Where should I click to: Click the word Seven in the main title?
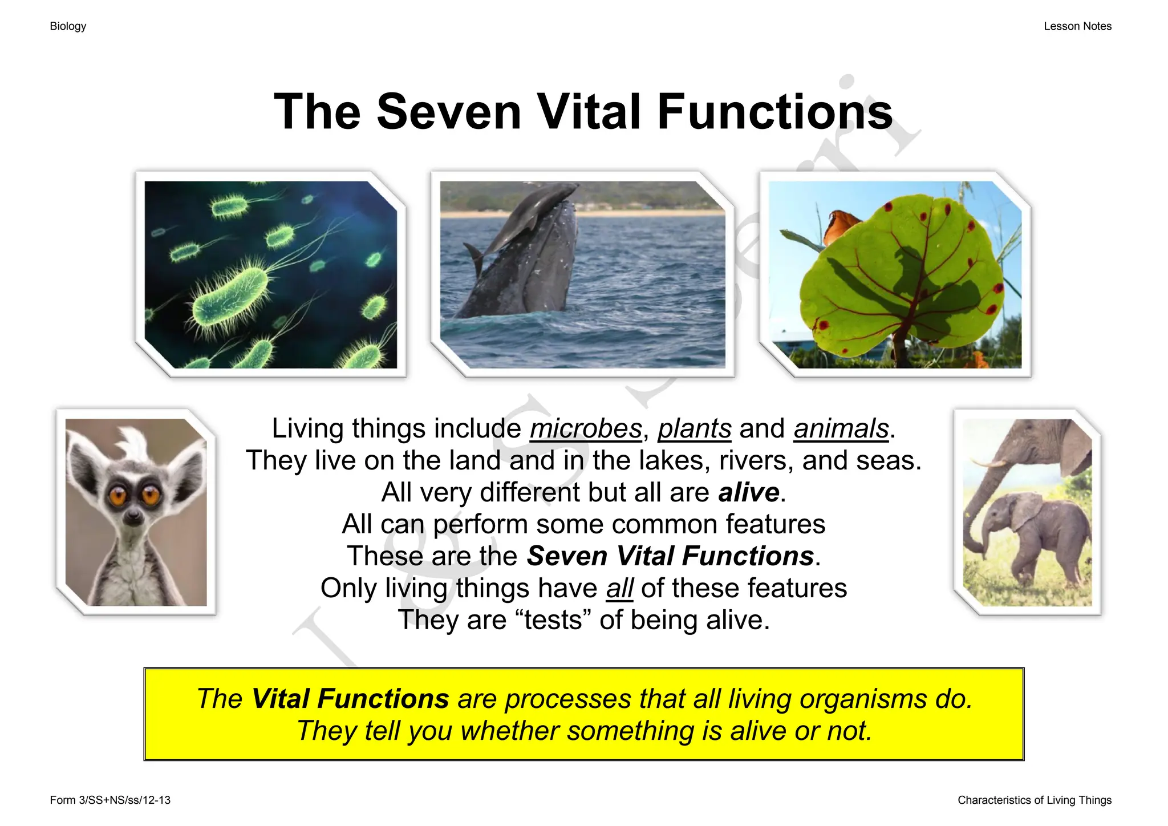(449, 112)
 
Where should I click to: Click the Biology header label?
(68, 26)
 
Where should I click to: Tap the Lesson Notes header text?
(1077, 26)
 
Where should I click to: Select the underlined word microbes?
(586, 429)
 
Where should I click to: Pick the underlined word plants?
(694, 429)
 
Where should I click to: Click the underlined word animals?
(841, 429)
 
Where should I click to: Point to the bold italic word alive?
(748, 492)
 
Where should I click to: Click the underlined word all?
(619, 589)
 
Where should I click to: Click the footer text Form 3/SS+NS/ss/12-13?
(110, 800)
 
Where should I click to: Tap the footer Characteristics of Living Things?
(1034, 800)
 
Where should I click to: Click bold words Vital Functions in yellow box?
(350, 699)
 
